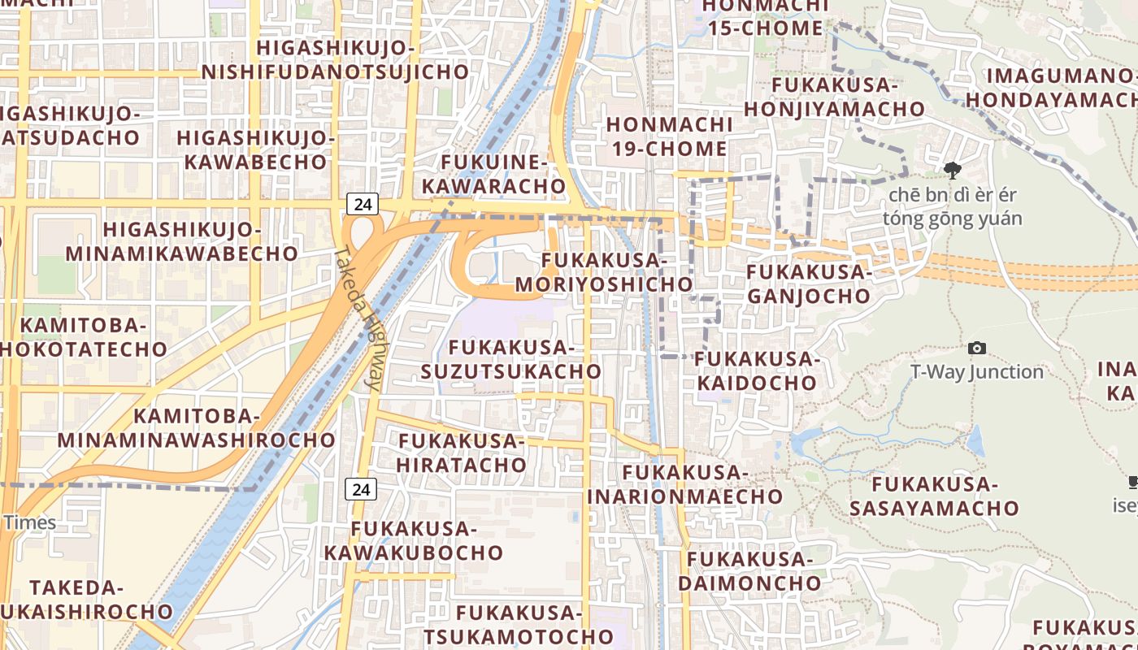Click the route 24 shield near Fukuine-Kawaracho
point(363,203)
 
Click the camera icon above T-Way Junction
point(977,348)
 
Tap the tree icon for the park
point(952,171)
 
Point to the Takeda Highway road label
point(358,319)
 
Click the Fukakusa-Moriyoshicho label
point(604,272)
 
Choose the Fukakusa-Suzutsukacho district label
point(511,359)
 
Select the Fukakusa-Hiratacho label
point(462,453)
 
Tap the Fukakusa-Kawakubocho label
point(414,540)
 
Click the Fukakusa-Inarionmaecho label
point(685,483)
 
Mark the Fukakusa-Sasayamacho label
point(934,496)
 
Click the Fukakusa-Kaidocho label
point(755,370)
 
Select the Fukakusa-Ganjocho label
point(809,284)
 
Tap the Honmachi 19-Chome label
point(667,136)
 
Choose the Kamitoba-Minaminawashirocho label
point(195,428)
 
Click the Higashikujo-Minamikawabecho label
point(182,241)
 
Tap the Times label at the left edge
point(30,522)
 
